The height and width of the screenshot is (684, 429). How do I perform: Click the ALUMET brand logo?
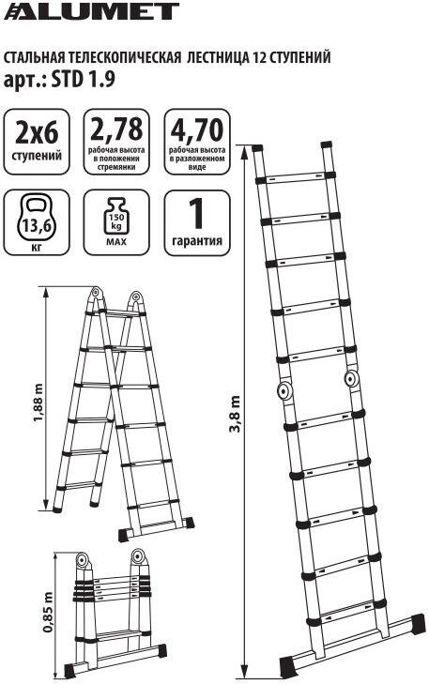(91, 11)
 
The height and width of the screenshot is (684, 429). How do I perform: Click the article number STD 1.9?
(84, 80)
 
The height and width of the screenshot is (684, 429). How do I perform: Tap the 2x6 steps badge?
(37, 142)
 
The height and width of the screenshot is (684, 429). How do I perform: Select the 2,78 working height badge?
(116, 142)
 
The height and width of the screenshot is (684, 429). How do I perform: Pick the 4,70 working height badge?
(197, 142)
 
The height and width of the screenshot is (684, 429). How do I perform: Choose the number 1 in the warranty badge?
(197, 213)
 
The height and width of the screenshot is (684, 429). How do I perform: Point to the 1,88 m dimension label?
(38, 403)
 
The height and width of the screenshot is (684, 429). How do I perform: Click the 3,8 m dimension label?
(236, 413)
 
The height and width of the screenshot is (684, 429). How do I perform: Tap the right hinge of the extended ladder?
(351, 378)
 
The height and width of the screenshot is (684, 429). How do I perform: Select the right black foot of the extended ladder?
(417, 622)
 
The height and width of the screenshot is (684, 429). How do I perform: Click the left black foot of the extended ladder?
(289, 664)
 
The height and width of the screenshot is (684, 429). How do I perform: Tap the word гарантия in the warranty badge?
(197, 241)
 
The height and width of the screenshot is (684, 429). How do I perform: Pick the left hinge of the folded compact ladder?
(82, 560)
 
